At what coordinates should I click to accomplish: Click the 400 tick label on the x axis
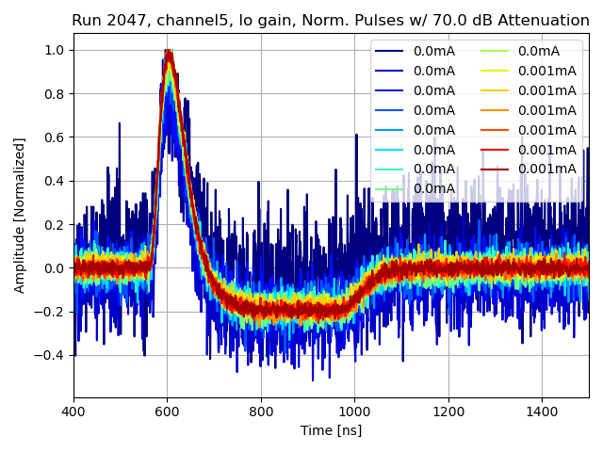[x=73, y=412]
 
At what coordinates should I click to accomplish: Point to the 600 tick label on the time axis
[x=168, y=412]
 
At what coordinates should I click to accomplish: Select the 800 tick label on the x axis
[x=261, y=412]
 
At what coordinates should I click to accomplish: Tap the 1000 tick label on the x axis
[x=354, y=412]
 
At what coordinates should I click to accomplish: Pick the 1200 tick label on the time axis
[x=448, y=412]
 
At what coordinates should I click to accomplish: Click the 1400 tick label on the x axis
[x=542, y=412]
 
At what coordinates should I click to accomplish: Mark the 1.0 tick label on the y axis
[x=56, y=50]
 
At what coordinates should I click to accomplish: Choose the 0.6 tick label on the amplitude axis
[x=56, y=137]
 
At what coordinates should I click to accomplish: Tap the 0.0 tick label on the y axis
[x=56, y=268]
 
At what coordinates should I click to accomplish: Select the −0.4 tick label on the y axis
[x=52, y=356]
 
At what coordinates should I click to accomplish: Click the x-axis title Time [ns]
[x=331, y=430]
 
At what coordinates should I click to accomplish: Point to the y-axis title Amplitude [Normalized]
[x=20, y=215]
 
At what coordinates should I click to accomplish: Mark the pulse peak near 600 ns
[x=169, y=51]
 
